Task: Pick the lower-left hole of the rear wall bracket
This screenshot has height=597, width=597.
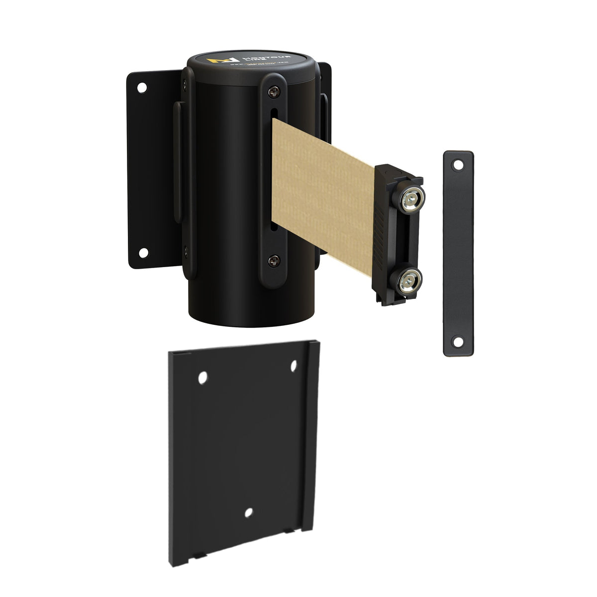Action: pyautogui.click(x=142, y=252)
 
